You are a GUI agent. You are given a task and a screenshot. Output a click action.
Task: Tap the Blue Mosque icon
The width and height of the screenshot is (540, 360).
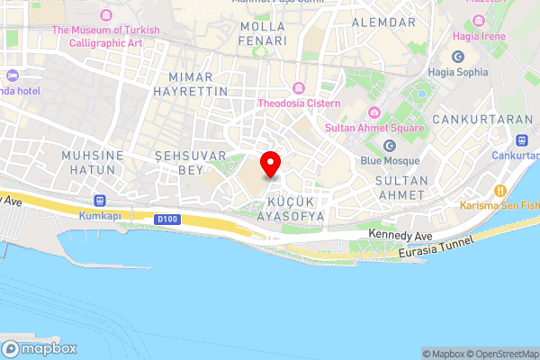(391, 146)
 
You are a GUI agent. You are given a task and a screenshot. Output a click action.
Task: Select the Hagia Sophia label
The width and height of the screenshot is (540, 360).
(458, 72)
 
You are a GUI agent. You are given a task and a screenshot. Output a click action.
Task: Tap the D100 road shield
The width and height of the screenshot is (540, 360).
(166, 219)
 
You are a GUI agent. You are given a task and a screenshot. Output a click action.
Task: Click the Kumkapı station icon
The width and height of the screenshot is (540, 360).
(100, 202)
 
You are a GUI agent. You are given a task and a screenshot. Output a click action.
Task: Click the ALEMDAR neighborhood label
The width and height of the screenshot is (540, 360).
(384, 21)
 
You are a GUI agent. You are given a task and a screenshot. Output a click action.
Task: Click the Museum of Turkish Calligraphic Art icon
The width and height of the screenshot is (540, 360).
(106, 16)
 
